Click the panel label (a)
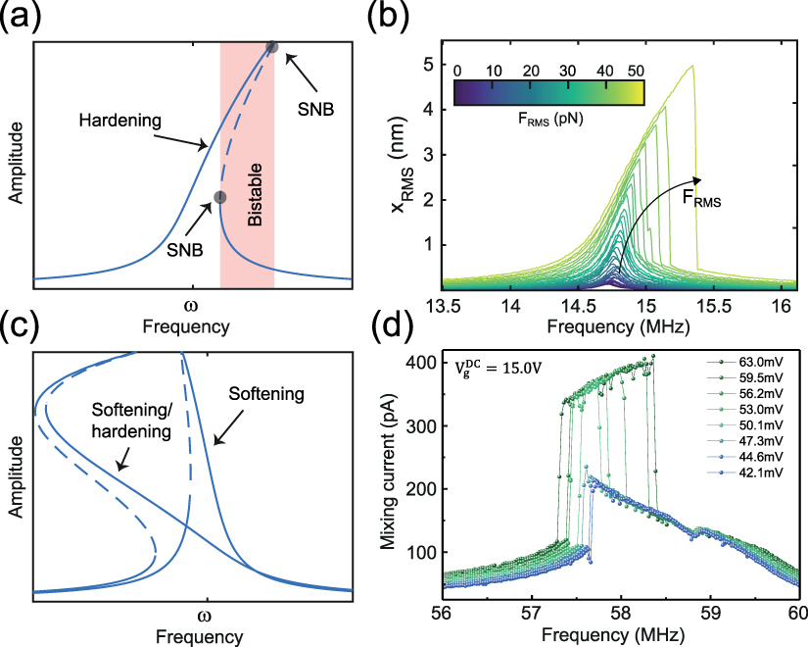[22, 18]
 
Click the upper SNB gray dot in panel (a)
[272, 48]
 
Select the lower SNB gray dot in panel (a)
[220, 197]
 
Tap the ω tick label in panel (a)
[192, 302]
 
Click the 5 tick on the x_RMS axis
[427, 65]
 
